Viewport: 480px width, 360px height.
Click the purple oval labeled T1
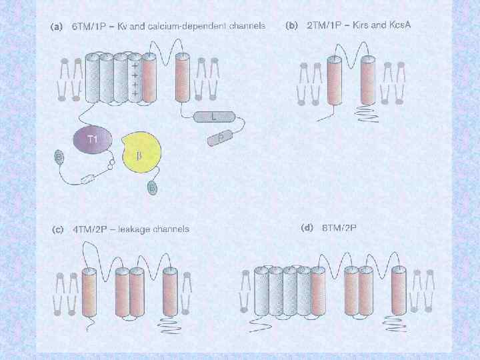tap(93, 139)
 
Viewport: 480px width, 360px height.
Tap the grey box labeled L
tap(213, 117)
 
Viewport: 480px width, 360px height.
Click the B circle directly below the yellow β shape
tap(153, 189)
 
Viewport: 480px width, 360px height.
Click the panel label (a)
tap(57, 27)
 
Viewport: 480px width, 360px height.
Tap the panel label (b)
tap(291, 26)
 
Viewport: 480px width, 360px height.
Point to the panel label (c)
tap(57, 229)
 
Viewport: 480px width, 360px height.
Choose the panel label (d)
tap(307, 227)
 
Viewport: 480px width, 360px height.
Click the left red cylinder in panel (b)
tap(334, 81)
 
